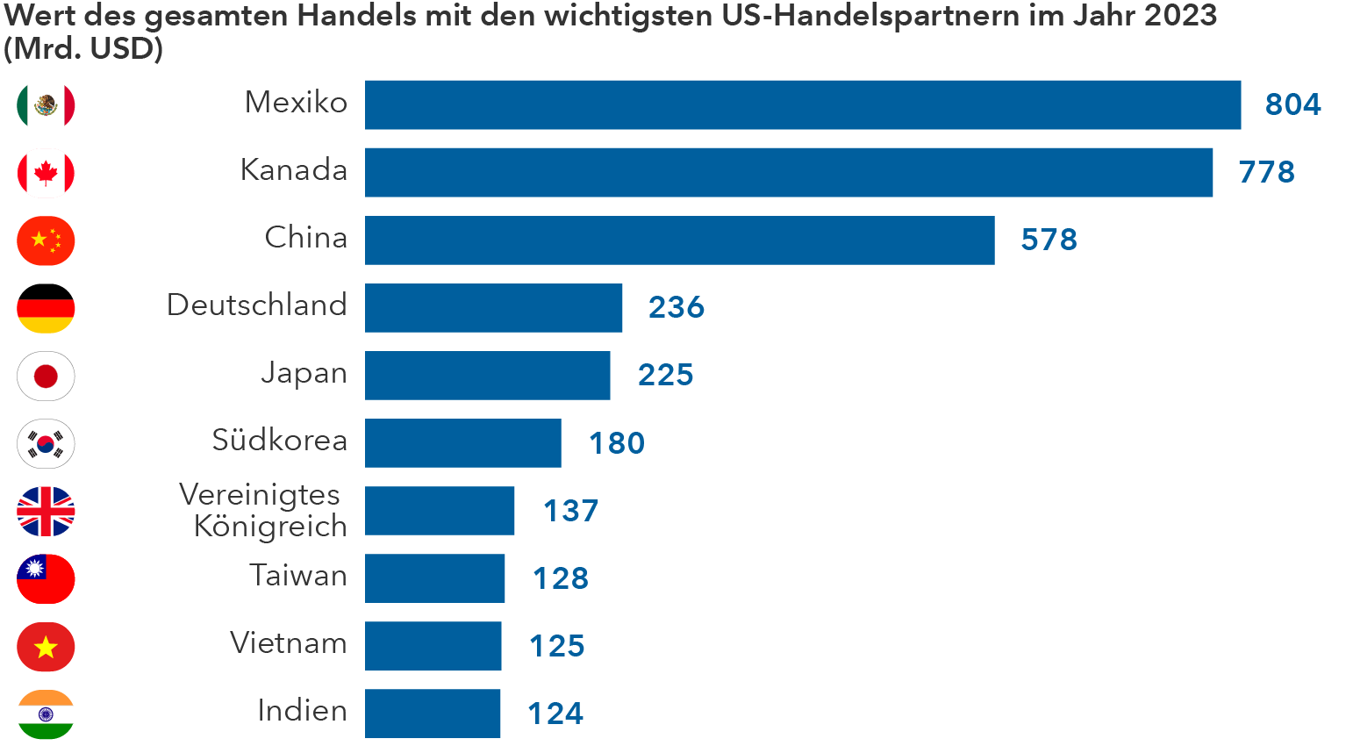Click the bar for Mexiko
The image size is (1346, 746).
(803, 105)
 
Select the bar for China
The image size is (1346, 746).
(680, 240)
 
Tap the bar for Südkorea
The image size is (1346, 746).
(463, 443)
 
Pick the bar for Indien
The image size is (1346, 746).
(433, 714)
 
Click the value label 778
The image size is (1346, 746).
(1266, 172)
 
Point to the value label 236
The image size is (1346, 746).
(677, 307)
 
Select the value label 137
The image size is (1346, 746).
(571, 511)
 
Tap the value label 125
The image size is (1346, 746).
(557, 646)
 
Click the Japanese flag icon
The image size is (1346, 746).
(46, 377)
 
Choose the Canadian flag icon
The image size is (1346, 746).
(46, 173)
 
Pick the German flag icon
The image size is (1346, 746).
(46, 308)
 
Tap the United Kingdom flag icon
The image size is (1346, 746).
(46, 512)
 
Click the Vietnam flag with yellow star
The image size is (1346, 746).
(46, 648)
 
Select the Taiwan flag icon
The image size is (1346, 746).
(46, 579)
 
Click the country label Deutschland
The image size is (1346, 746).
(257, 305)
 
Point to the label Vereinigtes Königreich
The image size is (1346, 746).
(263, 511)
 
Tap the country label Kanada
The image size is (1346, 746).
(294, 170)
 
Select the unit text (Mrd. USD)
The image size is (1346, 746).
(83, 49)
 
